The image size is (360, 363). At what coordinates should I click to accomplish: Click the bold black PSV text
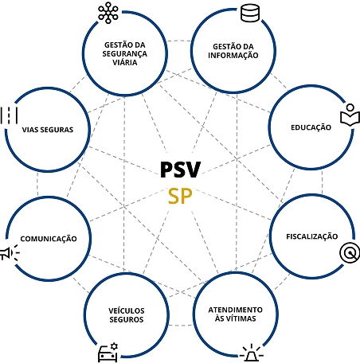181,170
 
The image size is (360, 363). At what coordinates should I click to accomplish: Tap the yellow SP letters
180,197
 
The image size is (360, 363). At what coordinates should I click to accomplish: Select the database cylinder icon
250,13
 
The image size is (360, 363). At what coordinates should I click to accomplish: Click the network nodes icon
108,13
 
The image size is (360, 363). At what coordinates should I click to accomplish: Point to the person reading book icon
350,115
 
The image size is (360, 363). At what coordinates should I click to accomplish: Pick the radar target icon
350,253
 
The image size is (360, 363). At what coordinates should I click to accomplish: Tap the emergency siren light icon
252,353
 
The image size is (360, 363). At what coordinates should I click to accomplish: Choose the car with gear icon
108,353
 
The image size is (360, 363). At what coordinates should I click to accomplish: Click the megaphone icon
10,253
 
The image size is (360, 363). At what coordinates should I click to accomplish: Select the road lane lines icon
9,115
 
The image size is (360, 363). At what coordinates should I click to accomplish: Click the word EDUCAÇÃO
311,127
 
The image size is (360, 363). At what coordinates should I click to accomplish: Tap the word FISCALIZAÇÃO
312,236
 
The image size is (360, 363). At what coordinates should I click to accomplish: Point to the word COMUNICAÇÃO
49,239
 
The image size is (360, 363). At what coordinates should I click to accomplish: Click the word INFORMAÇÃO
233,55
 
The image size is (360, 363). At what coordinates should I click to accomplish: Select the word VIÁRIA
125,62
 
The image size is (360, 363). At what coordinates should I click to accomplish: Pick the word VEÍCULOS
127,310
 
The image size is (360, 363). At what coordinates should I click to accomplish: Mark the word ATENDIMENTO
235,310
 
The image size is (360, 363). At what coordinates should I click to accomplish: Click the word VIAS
29,130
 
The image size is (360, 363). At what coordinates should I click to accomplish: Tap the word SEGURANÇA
125,54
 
